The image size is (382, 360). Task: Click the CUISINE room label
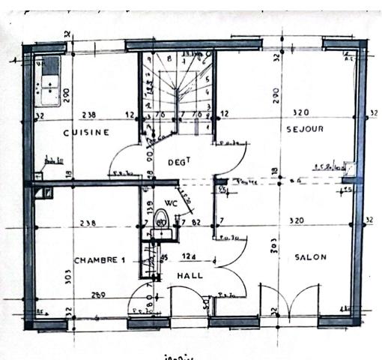tap(86, 133)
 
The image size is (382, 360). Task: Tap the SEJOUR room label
tap(305, 130)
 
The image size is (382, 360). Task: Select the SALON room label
tap(310, 257)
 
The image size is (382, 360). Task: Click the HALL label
tap(190, 276)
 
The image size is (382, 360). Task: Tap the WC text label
tap(170, 202)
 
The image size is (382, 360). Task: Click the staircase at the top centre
tap(178, 86)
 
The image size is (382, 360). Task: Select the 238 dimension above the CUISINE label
tap(88, 115)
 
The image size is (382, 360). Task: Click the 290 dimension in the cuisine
tap(67, 96)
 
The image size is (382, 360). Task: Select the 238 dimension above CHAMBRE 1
tap(88, 222)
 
